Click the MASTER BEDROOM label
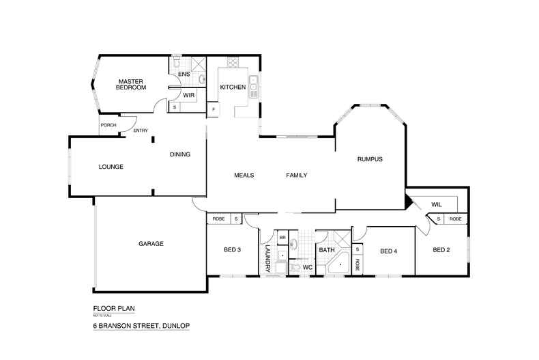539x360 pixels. point(130,83)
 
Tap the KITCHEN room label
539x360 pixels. point(232,87)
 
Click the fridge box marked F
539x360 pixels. point(214,109)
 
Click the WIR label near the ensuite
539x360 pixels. point(189,95)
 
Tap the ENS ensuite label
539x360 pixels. point(184,74)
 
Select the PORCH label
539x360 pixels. point(108,125)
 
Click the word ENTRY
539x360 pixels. point(141,130)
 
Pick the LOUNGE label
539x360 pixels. point(111,167)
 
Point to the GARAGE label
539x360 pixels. point(151,244)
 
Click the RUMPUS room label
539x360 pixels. point(370,159)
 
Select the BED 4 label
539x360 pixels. point(388,251)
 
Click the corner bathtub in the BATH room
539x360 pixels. point(338,263)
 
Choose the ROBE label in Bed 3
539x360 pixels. point(218,219)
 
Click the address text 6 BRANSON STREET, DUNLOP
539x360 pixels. point(141,327)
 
